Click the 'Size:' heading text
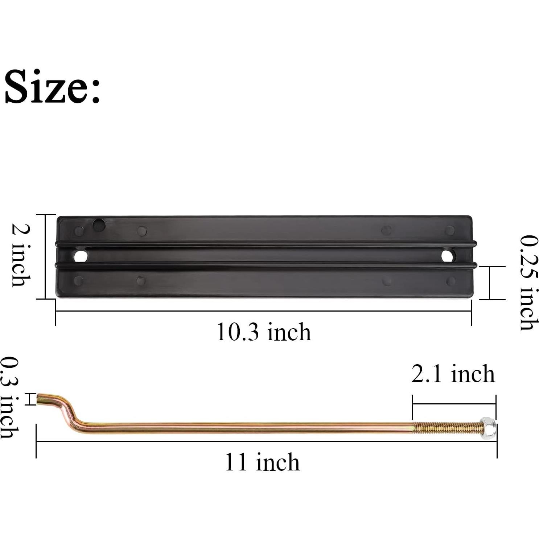pyautogui.click(x=52, y=86)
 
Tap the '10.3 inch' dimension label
pyautogui.click(x=264, y=332)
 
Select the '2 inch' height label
pyautogui.click(x=21, y=255)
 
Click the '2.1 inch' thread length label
pyautogui.click(x=453, y=374)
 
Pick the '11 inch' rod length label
pyautogui.click(x=262, y=462)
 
